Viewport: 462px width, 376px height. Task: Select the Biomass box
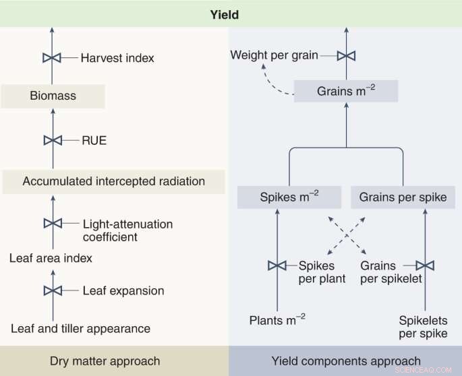(x=53, y=96)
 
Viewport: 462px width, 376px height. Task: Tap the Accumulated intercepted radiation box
(x=113, y=181)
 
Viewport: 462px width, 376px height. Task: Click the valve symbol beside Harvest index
(x=53, y=58)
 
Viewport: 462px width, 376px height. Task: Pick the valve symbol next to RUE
(x=53, y=140)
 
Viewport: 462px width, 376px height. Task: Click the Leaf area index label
(x=51, y=258)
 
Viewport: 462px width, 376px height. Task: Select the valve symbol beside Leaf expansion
(x=53, y=290)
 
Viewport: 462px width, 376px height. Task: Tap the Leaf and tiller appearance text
(x=80, y=329)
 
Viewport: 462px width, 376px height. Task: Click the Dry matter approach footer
(x=113, y=361)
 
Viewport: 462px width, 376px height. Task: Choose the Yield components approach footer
(x=345, y=361)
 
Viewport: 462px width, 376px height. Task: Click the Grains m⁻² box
(x=345, y=90)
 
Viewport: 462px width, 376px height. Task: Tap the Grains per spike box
(x=403, y=197)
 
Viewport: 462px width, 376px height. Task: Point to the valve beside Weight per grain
(x=346, y=55)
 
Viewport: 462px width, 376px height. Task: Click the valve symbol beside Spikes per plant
(x=277, y=265)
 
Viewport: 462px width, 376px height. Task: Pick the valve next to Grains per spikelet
(x=425, y=265)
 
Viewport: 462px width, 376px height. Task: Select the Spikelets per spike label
(x=423, y=327)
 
